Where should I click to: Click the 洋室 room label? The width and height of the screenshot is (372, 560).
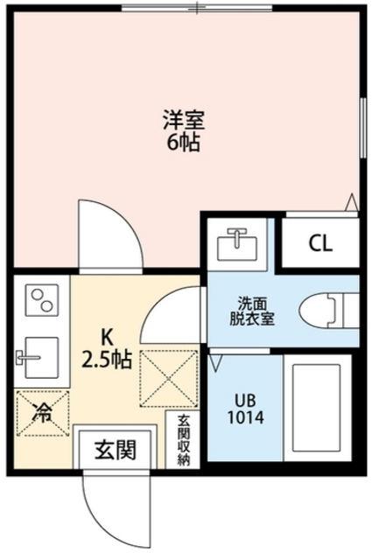click(x=184, y=120)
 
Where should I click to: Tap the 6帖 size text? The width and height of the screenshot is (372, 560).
click(x=182, y=142)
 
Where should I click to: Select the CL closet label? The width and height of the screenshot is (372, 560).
click(x=320, y=243)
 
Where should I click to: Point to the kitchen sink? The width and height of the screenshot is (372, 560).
click(x=38, y=357)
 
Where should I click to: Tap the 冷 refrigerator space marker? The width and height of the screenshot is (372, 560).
click(x=43, y=413)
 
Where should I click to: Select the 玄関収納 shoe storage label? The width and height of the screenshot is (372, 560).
click(x=183, y=439)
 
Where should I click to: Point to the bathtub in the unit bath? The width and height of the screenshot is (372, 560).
click(x=316, y=408)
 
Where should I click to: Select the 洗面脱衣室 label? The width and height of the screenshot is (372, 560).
click(x=252, y=311)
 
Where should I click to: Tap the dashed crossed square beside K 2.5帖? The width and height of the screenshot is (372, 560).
click(x=169, y=378)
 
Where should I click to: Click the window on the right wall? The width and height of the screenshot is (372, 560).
click(x=362, y=129)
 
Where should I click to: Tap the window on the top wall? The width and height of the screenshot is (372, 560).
click(x=197, y=7)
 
